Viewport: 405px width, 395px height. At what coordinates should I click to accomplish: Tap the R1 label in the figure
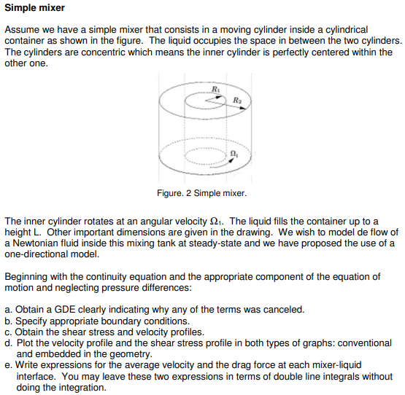215,89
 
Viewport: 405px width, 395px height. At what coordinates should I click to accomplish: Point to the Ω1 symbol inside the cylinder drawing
234,153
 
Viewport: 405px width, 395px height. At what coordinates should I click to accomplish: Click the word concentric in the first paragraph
91,52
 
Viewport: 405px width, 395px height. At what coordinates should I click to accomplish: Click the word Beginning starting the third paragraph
27,276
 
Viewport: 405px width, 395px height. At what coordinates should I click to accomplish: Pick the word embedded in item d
62,355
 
